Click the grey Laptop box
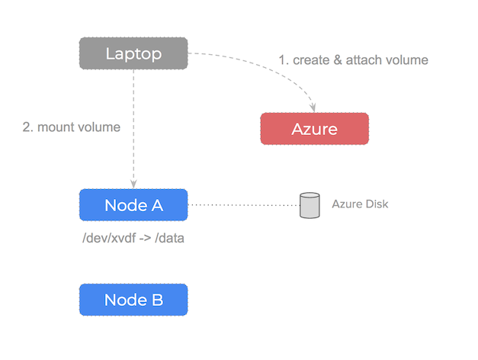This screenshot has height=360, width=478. click(x=133, y=53)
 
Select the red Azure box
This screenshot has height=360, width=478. click(x=314, y=129)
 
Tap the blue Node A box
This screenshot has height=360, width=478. click(x=133, y=205)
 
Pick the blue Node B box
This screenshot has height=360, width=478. click(x=133, y=299)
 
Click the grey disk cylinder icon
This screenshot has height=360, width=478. click(x=309, y=206)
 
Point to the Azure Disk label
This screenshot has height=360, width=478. click(x=360, y=204)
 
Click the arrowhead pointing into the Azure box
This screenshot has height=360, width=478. click(x=313, y=108)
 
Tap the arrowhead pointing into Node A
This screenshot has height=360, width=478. click(x=133, y=184)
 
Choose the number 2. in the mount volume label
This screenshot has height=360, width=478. click(x=28, y=127)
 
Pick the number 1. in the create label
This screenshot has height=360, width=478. click(x=282, y=59)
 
